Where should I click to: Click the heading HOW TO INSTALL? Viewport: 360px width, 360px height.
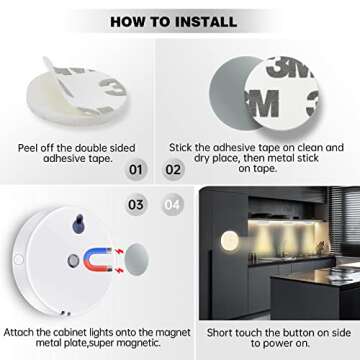tap(179, 19)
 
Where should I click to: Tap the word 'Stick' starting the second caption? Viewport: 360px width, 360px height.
tap(186, 144)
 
